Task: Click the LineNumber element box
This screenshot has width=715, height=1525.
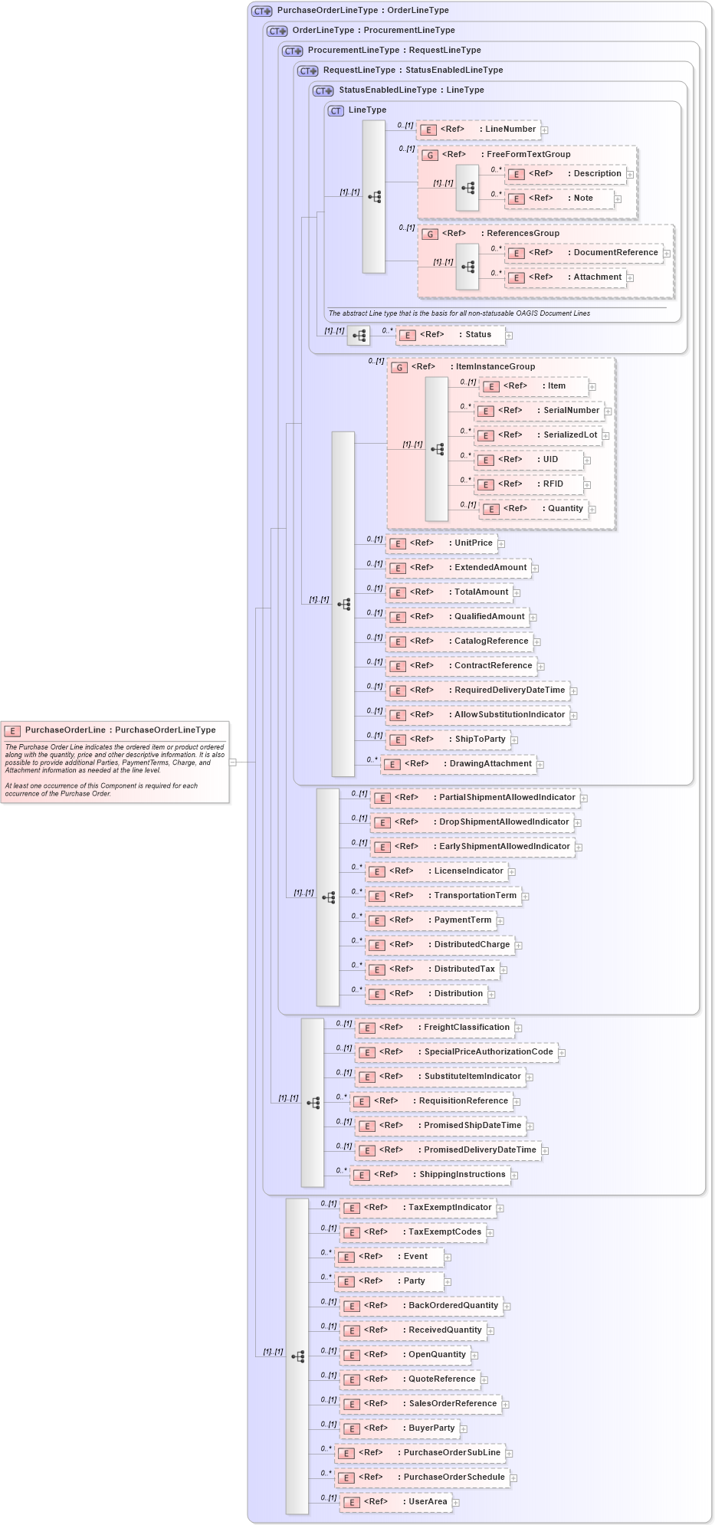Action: pos(479,130)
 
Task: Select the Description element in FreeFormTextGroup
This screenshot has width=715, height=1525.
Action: pos(566,174)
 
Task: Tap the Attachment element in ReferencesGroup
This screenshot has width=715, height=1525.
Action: pos(566,277)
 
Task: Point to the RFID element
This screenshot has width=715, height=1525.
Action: pos(529,484)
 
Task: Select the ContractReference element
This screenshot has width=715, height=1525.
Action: pos(461,666)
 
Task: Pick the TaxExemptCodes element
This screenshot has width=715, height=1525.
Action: pos(413,1232)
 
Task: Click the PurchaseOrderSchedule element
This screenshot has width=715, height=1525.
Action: pos(422,1477)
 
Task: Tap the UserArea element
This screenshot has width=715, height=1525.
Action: pos(395,1502)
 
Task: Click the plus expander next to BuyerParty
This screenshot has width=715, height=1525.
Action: pos(464,1429)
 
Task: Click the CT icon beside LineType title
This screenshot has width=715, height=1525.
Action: pos(336,110)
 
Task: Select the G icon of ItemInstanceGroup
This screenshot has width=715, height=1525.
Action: pos(399,368)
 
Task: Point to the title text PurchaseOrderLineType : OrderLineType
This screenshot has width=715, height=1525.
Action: pos(362,11)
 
